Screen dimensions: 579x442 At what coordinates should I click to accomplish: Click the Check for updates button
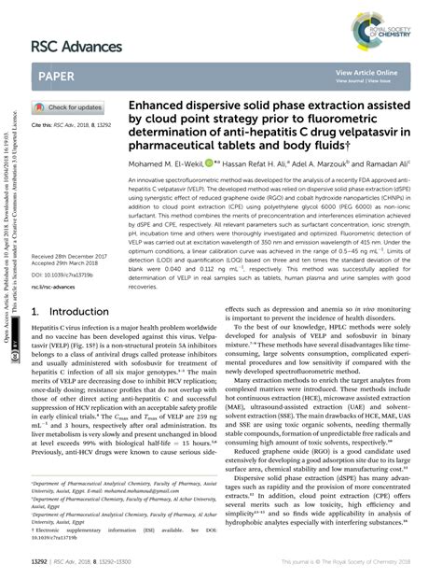pos(69,107)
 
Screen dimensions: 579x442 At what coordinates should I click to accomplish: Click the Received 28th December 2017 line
pos(76,255)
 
